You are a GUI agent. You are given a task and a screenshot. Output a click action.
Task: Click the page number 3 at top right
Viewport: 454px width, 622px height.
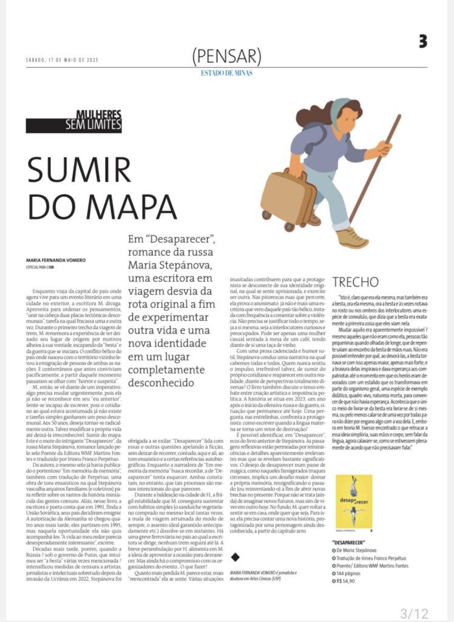(422, 41)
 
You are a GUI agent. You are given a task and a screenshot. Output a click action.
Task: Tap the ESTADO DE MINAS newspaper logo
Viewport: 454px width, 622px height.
(226, 73)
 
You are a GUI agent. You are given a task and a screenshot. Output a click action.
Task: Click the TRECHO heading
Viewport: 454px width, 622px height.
(355, 282)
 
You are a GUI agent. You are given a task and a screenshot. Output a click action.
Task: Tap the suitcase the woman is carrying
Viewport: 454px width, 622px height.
(287, 196)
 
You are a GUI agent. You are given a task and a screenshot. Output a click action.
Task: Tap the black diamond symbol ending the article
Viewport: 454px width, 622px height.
(236, 539)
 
